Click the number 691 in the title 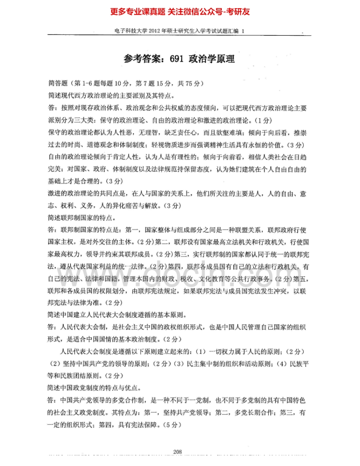click(178, 59)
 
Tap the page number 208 click(178, 452)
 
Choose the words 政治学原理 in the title click(212, 59)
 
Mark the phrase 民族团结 click(78, 376)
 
